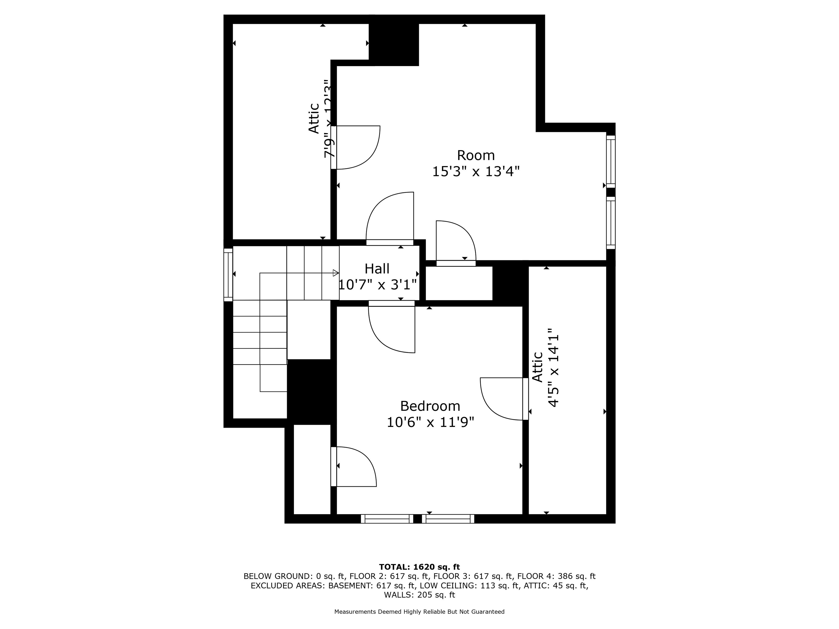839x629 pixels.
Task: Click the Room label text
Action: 476,155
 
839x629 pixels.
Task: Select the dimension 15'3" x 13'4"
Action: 476,171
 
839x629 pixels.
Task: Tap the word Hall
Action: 377,269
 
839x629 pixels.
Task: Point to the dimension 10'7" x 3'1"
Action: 377,284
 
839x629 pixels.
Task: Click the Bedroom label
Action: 430,406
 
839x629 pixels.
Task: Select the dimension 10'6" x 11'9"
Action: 430,422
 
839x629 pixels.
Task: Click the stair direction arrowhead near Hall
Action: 336,273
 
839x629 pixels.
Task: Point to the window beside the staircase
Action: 228,275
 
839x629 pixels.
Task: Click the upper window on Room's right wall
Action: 611,162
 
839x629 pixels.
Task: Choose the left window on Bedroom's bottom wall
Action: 387,519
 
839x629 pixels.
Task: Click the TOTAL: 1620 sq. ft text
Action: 419,567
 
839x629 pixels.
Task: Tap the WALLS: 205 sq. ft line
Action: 419,595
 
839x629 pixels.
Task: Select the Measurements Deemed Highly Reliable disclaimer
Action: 419,612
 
